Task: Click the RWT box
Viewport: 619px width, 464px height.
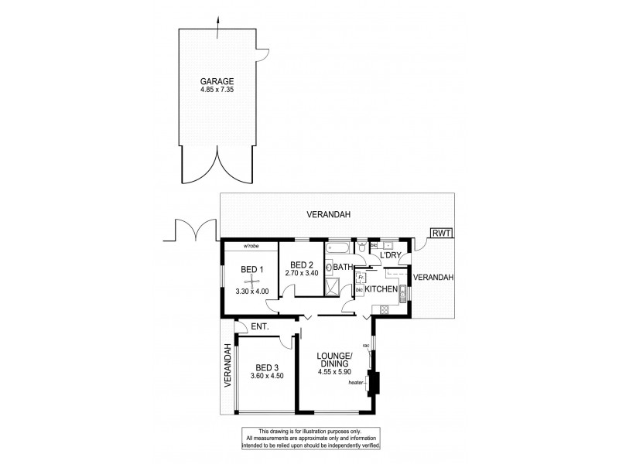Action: [443, 233]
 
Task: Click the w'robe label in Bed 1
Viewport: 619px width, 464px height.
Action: [250, 247]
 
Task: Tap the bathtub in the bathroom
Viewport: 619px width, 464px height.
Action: [339, 249]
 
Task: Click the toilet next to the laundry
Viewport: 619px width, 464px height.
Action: [361, 247]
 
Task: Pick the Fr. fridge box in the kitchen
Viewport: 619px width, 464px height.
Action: [361, 275]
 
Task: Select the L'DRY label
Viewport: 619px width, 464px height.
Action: [389, 255]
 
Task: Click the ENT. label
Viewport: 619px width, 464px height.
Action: [260, 328]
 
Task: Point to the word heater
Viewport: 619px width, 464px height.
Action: [356, 382]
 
